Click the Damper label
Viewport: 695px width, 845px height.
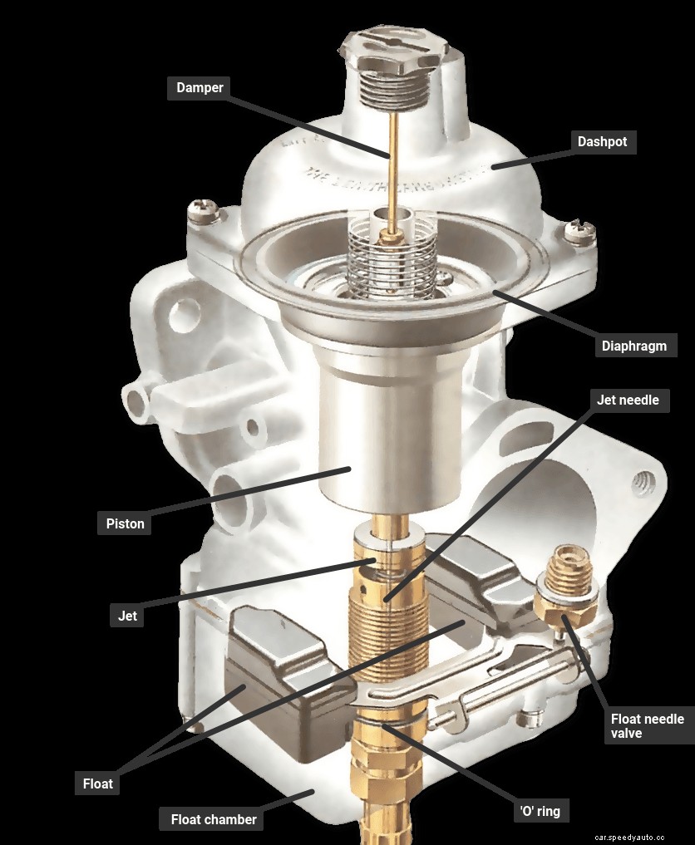[200, 87]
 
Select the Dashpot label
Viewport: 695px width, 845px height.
[602, 141]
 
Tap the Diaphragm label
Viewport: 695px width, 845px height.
[634, 346]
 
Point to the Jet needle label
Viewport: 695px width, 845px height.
[628, 400]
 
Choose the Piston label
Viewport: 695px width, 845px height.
[125, 523]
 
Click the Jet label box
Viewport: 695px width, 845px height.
[126, 616]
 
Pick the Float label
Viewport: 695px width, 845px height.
[97, 783]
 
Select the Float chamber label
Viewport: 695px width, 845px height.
[213, 819]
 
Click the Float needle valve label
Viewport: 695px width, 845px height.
[647, 725]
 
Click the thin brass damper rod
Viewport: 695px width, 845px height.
[389, 166]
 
